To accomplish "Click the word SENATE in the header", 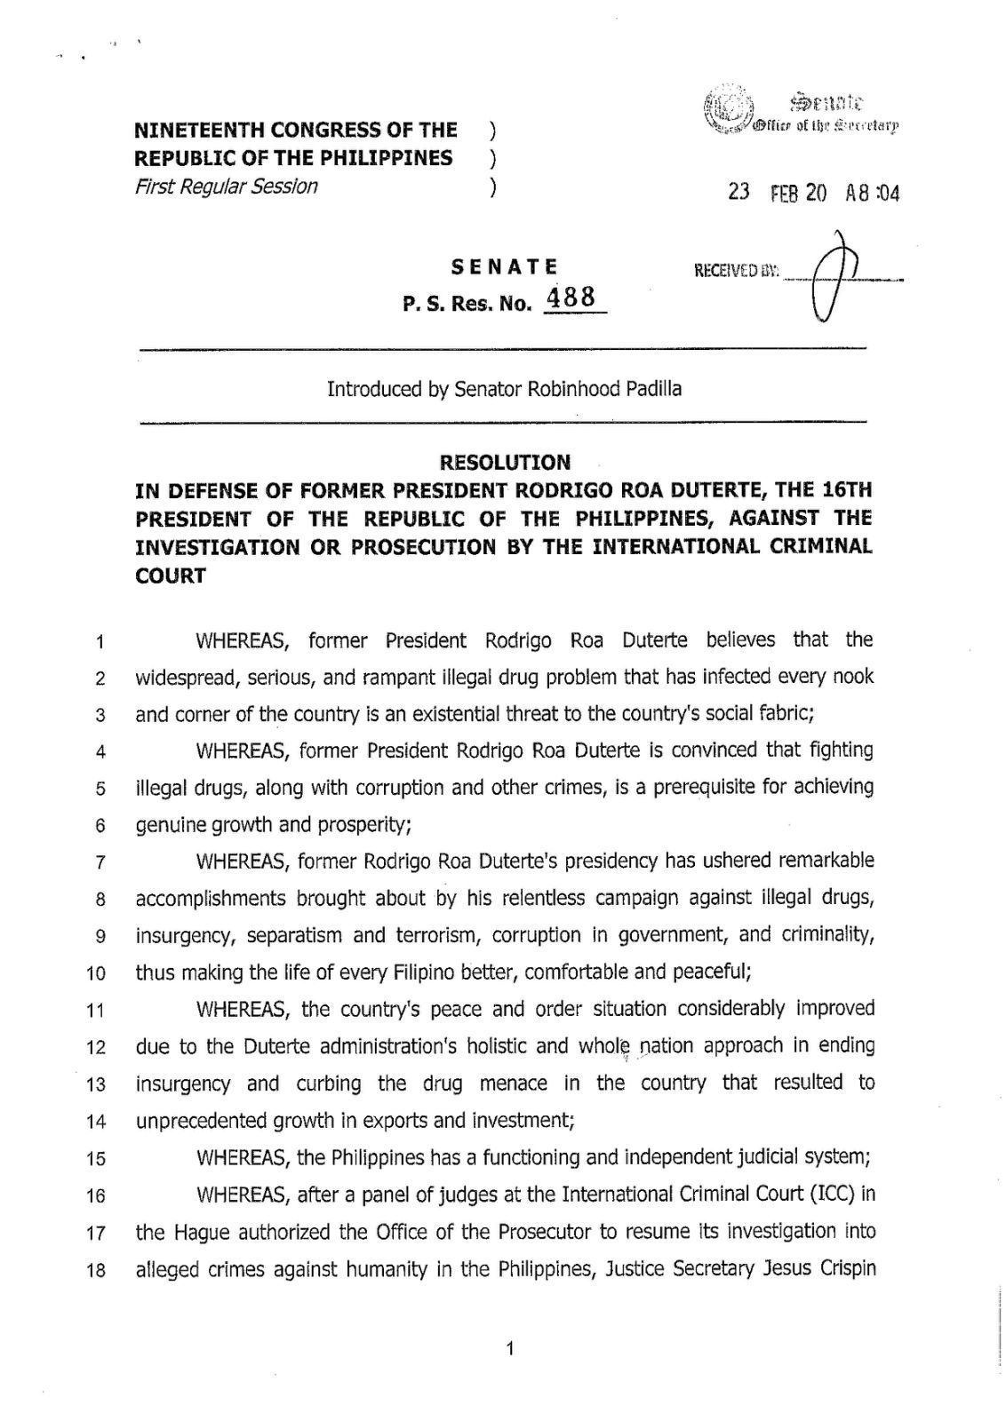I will [x=504, y=266].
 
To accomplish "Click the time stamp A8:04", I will [x=872, y=193].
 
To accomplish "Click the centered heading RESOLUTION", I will [x=505, y=462].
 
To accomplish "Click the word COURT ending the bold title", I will [x=170, y=576].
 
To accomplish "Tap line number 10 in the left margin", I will [x=97, y=973].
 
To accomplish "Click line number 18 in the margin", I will [x=97, y=1270].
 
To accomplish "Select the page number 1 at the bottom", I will [x=509, y=1351].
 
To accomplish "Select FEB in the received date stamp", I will [x=785, y=193].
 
